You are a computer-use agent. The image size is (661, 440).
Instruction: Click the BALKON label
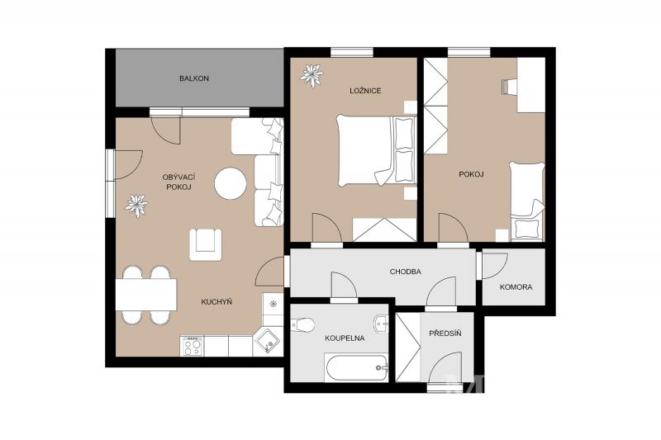point(194,78)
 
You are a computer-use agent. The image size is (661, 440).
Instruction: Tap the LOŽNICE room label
point(365,91)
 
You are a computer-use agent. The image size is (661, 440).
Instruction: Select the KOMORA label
point(516,287)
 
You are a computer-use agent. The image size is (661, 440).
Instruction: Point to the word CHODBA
point(405,272)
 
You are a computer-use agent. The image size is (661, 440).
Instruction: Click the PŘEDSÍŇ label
point(445,334)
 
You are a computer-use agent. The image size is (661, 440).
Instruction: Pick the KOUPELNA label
point(345,338)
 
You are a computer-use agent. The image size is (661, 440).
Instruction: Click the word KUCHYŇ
point(216,302)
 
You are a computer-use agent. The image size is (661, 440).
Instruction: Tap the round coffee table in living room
point(231,183)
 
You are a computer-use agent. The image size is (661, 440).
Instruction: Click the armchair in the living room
point(205,244)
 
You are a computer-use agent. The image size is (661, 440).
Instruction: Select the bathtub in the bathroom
point(356,367)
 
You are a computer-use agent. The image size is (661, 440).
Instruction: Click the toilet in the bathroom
point(302,324)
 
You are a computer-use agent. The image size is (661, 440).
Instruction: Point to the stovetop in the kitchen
point(192,346)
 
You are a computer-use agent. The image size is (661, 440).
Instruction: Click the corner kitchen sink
point(266,342)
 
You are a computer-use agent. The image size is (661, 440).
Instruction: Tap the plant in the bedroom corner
point(311,75)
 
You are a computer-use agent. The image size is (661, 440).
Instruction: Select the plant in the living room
point(136,206)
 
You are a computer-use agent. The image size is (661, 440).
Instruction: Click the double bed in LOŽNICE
point(376,151)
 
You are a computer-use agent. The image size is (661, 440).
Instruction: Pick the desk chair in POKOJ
point(509,87)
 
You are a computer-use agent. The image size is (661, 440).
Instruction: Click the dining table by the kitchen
point(146,295)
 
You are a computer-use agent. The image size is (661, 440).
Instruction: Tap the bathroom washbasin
point(381,324)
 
